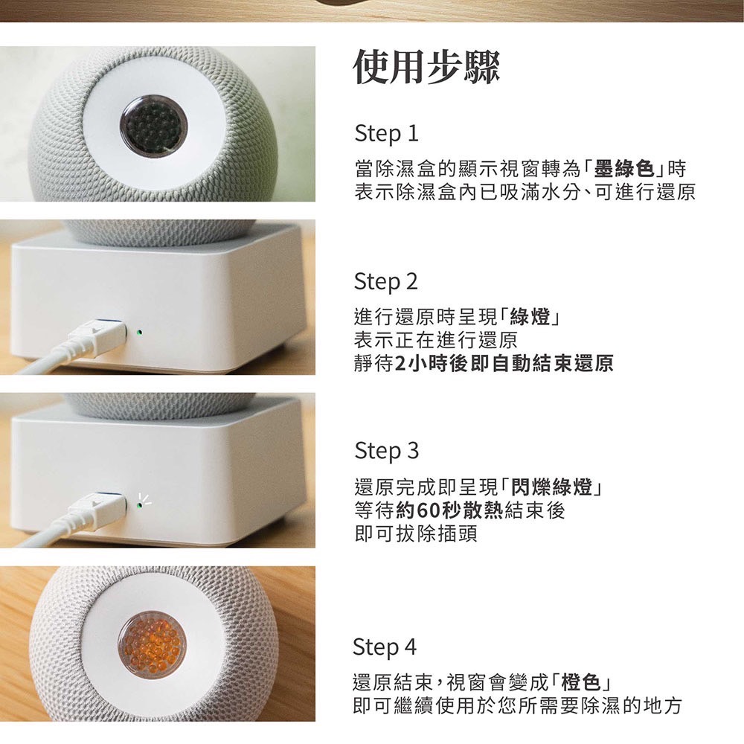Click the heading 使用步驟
pos(426,68)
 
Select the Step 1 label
pos(386,134)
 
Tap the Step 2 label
pos(385,282)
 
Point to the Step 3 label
pos(386,451)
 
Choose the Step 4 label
pos(385,647)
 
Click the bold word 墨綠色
pos(624,169)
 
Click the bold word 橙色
pos(580,683)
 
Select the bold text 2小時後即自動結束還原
pos(504,364)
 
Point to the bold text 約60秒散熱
pos(449,510)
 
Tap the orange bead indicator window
pos(152,645)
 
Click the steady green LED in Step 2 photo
pos(138,333)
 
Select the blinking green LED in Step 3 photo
pos(138,506)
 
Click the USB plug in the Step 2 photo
pos(97,335)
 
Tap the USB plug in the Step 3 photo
pos(97,507)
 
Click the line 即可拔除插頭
pos(416,533)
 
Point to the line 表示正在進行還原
pos(435,340)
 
